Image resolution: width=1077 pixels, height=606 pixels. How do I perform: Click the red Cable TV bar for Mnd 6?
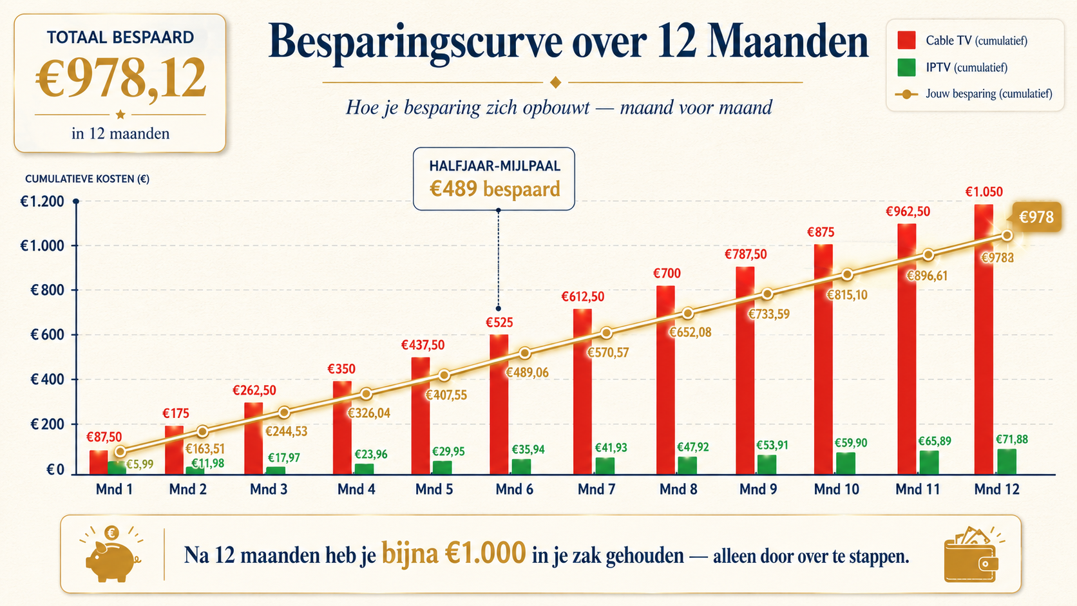coord(499,404)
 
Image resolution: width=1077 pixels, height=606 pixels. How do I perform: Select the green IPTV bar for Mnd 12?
coord(1007,462)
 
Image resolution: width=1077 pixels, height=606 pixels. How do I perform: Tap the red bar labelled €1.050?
coord(984,340)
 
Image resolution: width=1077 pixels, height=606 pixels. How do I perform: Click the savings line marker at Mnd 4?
coord(367,394)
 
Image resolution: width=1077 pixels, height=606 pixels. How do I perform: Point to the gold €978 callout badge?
coord(1036,217)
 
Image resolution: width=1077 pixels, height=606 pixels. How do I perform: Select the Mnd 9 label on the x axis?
coord(758,489)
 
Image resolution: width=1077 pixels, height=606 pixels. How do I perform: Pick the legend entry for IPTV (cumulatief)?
coord(952,67)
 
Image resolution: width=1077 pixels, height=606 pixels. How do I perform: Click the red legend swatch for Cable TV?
coord(906,40)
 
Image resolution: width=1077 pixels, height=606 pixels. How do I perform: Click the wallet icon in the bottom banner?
coord(972,554)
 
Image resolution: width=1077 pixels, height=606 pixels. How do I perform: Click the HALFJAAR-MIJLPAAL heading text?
coord(495,166)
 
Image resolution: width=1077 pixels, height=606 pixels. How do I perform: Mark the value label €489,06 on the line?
coord(527,372)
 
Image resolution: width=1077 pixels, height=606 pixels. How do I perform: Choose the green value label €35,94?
coord(528,450)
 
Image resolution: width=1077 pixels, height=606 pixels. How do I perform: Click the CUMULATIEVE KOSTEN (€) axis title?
coord(87,179)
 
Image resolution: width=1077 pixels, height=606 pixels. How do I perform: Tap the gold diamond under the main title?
coord(555,82)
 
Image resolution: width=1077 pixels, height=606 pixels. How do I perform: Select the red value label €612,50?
coord(583,296)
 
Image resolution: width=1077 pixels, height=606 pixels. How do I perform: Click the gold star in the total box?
coord(120,115)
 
